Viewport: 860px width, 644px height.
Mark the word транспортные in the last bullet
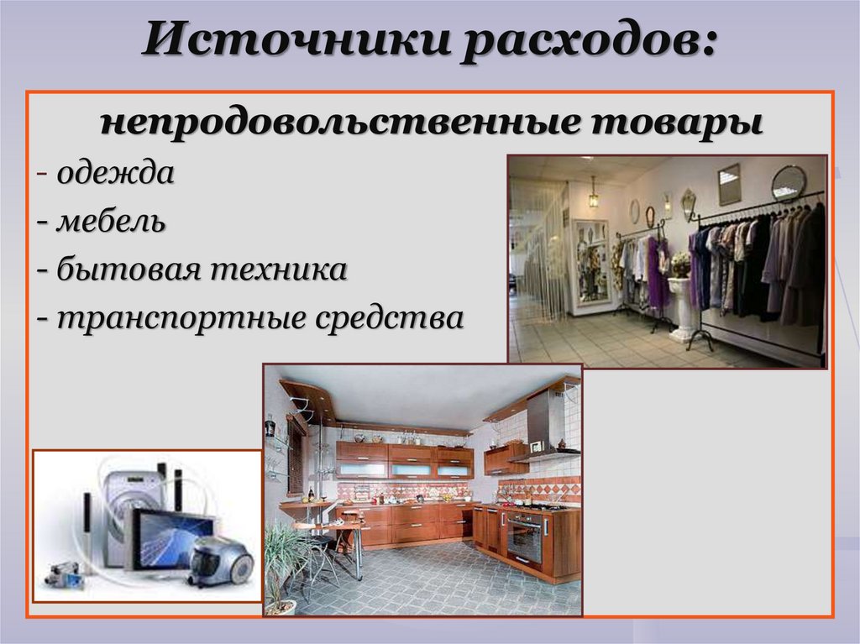(x=176, y=318)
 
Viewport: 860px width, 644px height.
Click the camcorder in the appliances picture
(x=64, y=576)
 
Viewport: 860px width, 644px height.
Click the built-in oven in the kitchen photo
(x=525, y=535)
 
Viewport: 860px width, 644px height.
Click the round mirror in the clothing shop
(x=788, y=182)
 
